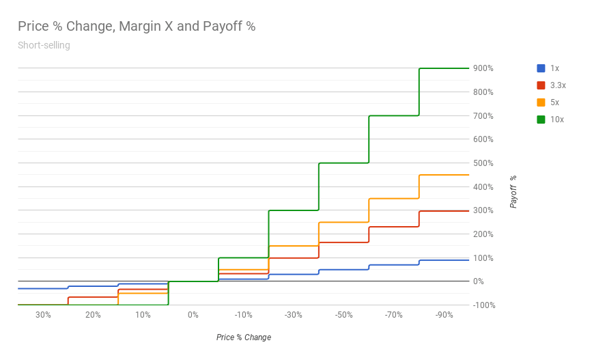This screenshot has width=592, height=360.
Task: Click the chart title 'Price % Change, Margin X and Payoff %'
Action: point(136,27)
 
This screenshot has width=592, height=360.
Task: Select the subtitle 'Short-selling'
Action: point(44,46)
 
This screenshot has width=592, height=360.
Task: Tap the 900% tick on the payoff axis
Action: point(483,68)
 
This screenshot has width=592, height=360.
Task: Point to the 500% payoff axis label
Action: point(483,163)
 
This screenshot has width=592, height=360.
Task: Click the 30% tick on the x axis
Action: point(43,315)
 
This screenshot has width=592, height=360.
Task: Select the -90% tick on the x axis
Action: point(444,315)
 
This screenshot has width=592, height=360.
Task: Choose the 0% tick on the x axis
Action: point(193,315)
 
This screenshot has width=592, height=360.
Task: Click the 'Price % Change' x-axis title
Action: point(244,337)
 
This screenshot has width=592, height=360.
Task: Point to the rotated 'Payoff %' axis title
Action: point(513,191)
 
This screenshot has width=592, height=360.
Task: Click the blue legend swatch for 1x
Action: point(541,68)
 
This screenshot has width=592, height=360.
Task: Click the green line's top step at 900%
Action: point(444,68)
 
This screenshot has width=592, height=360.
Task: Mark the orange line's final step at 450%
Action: point(444,175)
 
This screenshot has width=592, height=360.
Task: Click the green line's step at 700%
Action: point(394,115)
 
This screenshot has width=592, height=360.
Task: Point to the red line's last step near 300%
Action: point(444,211)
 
